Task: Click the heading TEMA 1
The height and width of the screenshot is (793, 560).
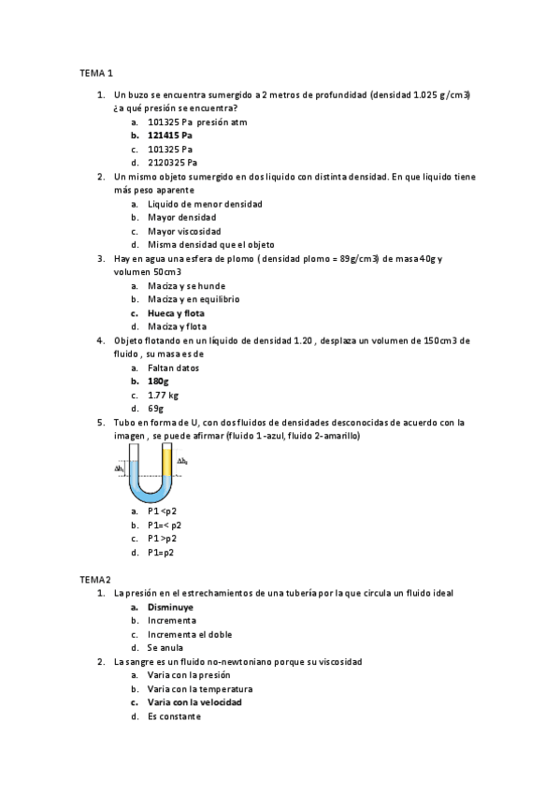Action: coord(94,72)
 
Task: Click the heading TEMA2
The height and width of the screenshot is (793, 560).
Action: coord(93,580)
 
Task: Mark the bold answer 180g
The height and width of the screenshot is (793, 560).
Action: coord(159,382)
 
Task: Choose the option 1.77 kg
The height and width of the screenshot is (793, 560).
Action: coord(163,396)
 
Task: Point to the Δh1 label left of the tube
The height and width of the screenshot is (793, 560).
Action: coord(120,468)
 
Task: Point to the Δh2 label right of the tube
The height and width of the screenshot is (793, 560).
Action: coord(183,461)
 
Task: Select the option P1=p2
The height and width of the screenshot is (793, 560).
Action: coord(161,552)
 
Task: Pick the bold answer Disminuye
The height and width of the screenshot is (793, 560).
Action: coord(170,607)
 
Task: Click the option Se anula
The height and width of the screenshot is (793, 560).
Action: coord(165,647)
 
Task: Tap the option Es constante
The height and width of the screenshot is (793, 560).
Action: coord(174,716)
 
